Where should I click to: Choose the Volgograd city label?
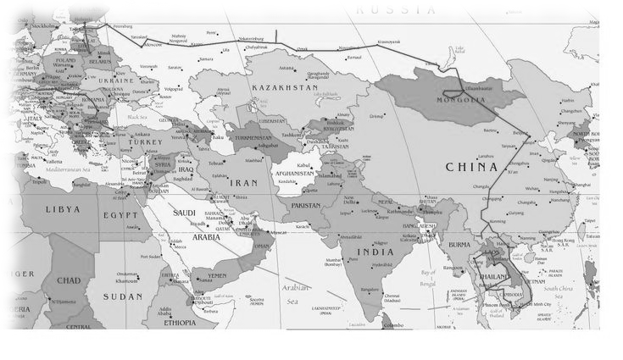point(174,88)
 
